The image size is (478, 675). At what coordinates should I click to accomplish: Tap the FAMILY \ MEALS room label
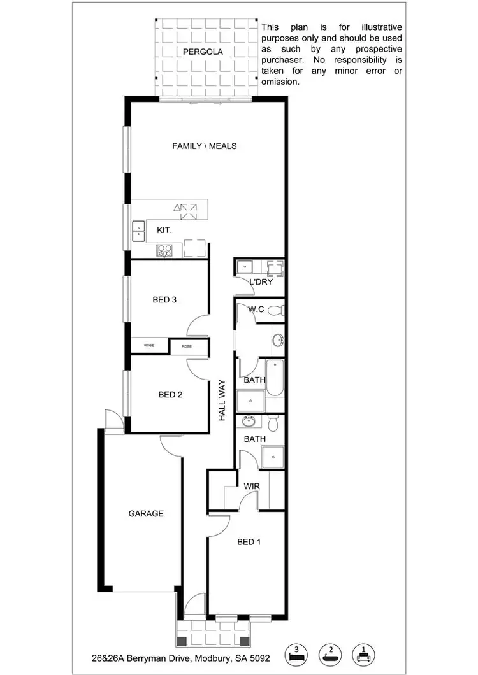tap(204, 146)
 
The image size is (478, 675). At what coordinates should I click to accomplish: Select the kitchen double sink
tap(138, 231)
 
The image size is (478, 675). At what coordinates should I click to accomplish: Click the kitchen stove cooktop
tap(164, 250)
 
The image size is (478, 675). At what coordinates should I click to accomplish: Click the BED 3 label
tap(164, 300)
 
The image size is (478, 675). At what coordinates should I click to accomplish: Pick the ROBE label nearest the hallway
tap(187, 346)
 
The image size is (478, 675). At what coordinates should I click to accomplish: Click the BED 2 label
tap(170, 395)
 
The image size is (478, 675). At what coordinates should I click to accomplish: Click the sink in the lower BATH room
tap(249, 422)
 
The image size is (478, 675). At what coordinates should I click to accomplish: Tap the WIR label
tap(252, 487)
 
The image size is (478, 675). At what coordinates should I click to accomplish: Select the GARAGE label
tap(146, 513)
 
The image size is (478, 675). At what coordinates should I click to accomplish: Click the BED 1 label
tap(249, 542)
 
